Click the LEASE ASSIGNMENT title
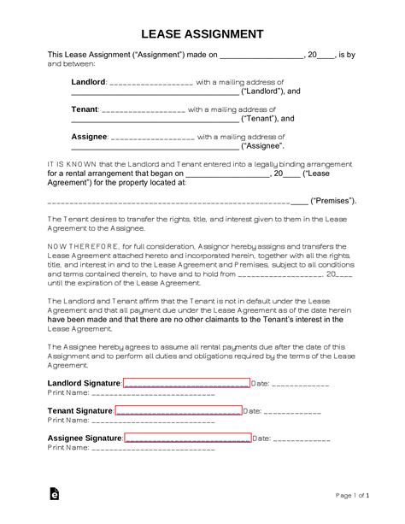[x=202, y=34]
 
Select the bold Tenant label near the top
[x=85, y=110]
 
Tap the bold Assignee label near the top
[x=89, y=137]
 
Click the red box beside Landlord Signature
[x=186, y=383]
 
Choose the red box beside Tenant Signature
[x=178, y=411]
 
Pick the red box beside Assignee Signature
[x=187, y=439]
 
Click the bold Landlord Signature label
[x=84, y=383]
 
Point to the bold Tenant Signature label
[x=79, y=411]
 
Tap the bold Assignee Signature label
[x=85, y=439]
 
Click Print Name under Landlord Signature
[x=67, y=393]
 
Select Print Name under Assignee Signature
[x=67, y=449]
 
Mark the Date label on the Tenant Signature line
[x=253, y=411]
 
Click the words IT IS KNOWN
[x=68, y=161]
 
